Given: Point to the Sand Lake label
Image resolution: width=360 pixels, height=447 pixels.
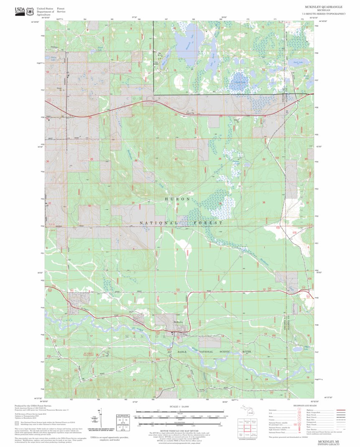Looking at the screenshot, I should [297, 62].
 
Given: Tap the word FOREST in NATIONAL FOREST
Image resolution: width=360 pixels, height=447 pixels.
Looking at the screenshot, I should [208, 223].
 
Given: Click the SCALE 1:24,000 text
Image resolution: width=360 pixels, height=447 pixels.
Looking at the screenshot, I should [179, 406].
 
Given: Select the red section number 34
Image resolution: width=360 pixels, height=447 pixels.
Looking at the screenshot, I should [177, 204].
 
